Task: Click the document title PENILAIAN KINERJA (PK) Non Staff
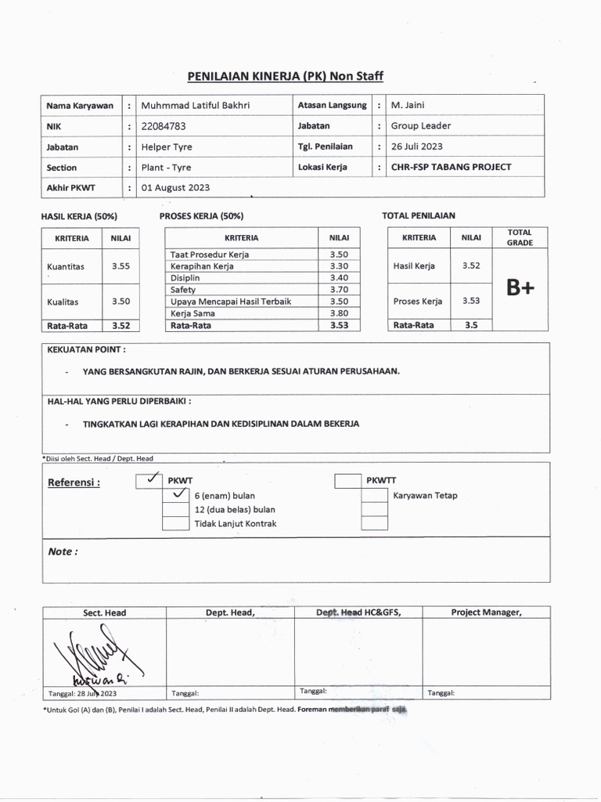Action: tap(285, 76)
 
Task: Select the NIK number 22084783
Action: tap(164, 125)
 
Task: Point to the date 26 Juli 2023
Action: tap(416, 146)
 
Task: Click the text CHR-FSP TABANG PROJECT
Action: tap(451, 167)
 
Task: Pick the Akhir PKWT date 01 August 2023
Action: tap(175, 188)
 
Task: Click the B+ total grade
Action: tap(520, 288)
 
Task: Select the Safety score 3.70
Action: tap(339, 290)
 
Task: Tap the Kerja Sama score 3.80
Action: tap(339, 313)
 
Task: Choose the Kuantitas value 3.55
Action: tap(121, 266)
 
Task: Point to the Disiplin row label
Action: tap(185, 278)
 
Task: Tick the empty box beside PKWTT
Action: tap(348, 480)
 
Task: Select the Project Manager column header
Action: tap(486, 612)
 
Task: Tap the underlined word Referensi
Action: tap(74, 482)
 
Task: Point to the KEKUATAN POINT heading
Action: tap(86, 349)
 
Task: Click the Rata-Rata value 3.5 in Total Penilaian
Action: tap(471, 325)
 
